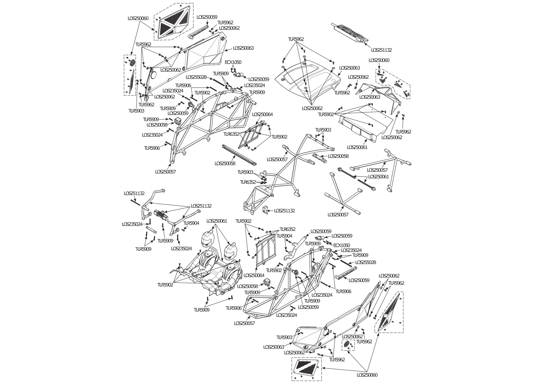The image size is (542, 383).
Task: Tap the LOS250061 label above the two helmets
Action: tap(217, 221)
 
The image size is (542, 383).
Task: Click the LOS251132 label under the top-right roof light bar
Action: tap(381, 50)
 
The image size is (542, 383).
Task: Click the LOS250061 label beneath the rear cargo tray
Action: tap(357, 148)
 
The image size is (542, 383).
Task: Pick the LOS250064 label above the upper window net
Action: tap(262, 115)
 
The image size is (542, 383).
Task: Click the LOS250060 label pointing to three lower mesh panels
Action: tap(367, 375)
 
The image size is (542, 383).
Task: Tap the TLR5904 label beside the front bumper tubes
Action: tap(191, 223)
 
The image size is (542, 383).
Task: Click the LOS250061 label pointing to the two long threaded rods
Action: tap(378, 177)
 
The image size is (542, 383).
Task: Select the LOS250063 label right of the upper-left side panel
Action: tap(243, 48)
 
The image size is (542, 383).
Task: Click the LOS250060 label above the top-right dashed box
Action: tap(379, 60)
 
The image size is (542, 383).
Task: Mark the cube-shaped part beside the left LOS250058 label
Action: tap(178, 122)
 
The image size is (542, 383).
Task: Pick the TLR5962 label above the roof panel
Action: tap(296, 39)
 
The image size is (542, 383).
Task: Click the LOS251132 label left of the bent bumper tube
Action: tap(134, 193)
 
